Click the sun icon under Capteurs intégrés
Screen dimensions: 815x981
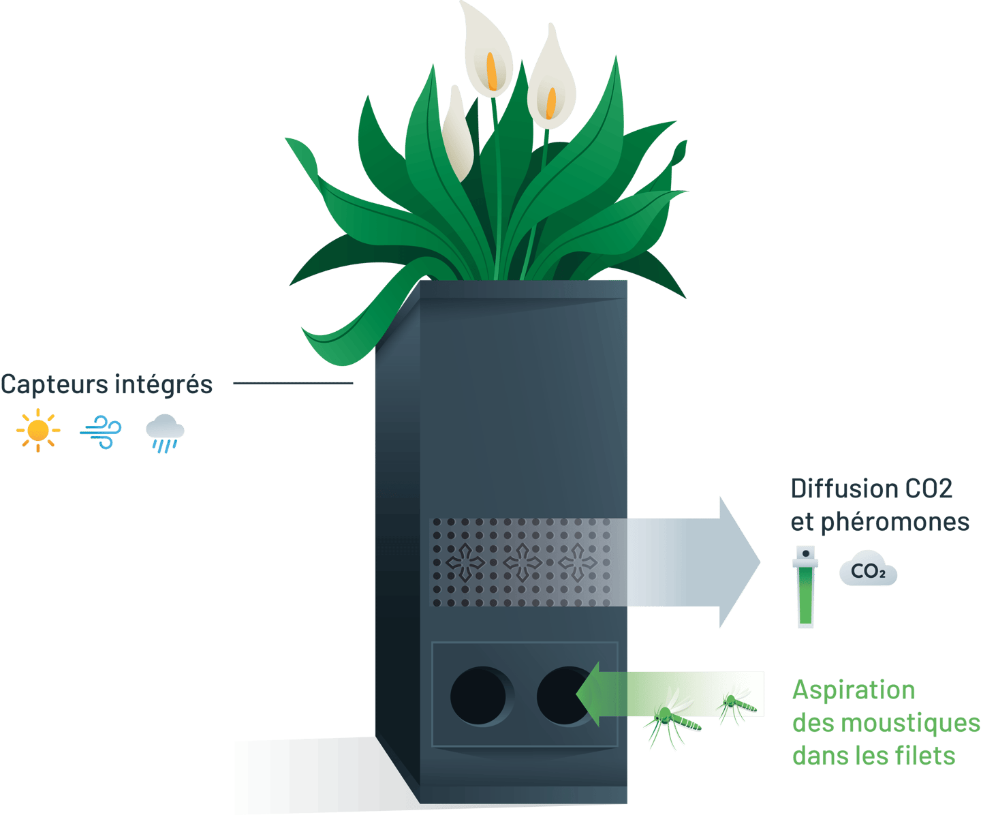(x=38, y=431)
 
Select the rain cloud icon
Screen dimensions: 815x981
(x=165, y=433)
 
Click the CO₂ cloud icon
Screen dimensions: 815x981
(x=868, y=571)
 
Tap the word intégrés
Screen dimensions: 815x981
(x=164, y=385)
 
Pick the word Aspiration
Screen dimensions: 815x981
(x=853, y=690)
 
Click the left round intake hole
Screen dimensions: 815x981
(x=478, y=696)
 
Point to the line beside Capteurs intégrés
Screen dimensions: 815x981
(x=293, y=383)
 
